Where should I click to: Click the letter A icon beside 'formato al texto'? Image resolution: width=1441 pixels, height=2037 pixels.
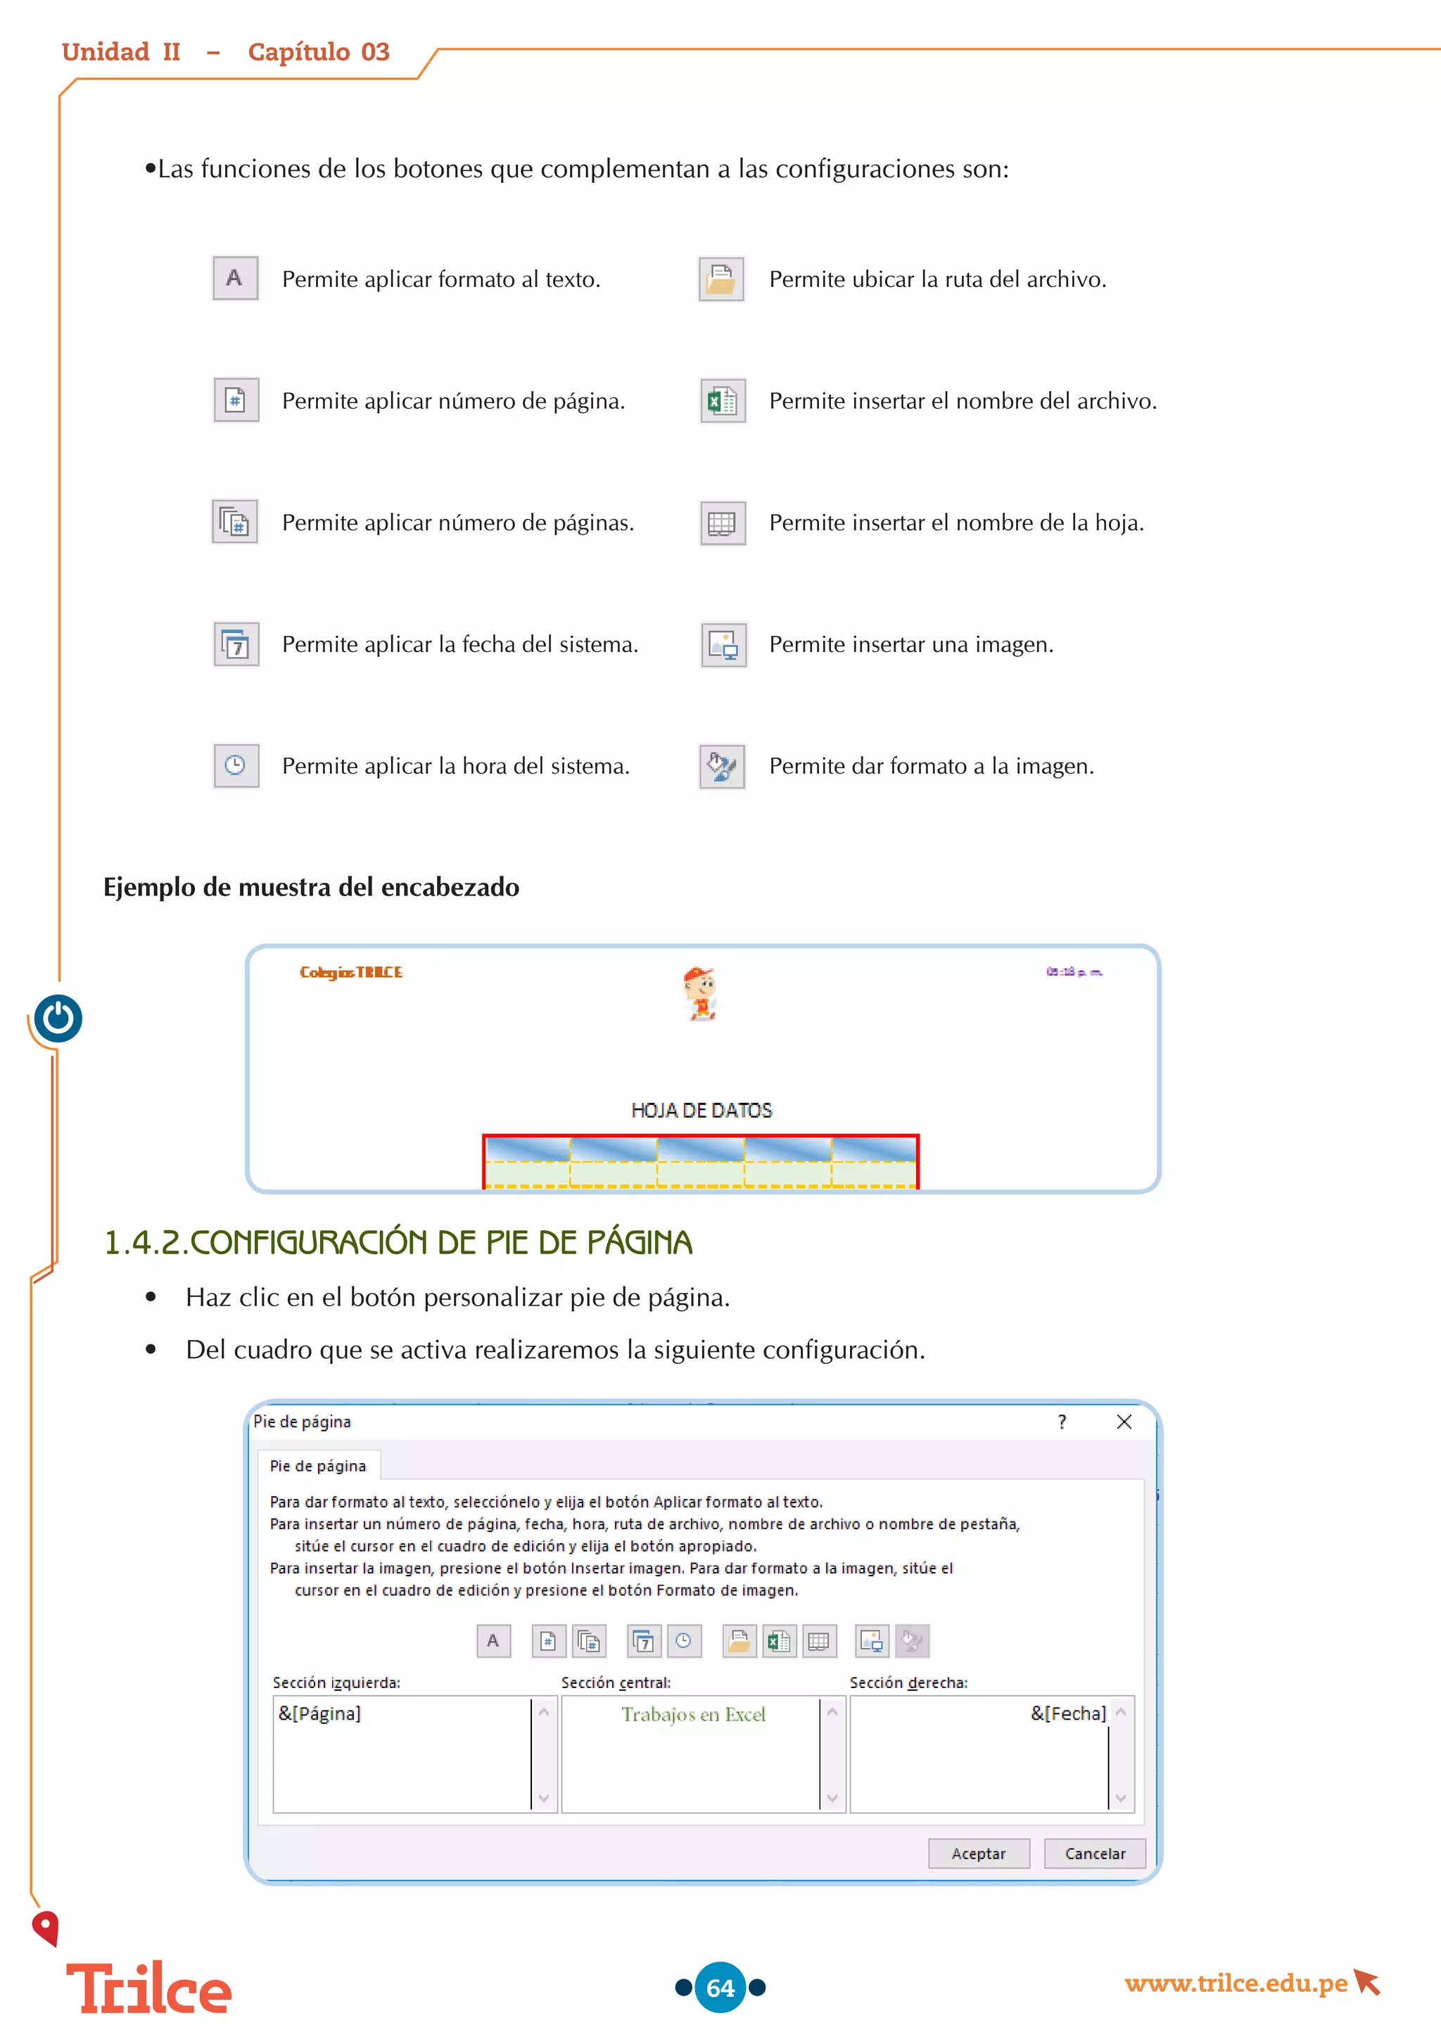tap(235, 279)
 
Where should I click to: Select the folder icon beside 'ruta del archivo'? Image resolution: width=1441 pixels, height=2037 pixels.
tap(721, 279)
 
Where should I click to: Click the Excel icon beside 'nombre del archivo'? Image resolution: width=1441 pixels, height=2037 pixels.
tap(723, 401)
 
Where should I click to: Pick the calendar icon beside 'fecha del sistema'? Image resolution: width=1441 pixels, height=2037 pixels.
tap(236, 645)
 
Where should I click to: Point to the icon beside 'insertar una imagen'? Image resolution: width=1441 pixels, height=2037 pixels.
tap(723, 645)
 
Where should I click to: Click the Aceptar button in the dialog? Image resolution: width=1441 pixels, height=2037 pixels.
tap(979, 1853)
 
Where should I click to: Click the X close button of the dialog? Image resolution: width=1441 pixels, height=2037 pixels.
tap(1124, 1422)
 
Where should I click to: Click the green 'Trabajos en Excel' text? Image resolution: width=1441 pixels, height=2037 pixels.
tap(693, 1714)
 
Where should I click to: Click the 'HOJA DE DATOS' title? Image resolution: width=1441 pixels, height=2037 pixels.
tap(701, 1110)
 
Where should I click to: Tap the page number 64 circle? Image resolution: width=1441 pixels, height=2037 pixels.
tap(720, 1987)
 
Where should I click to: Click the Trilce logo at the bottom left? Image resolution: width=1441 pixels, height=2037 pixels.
tap(149, 1988)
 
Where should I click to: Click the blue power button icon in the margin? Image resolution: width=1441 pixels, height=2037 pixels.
tap(58, 1018)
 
